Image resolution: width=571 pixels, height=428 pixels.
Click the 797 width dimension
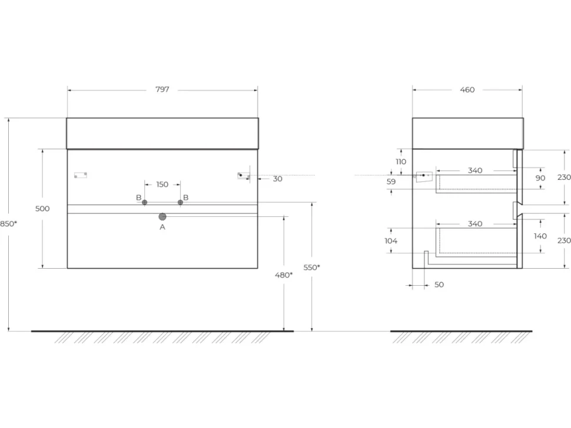pos(162,89)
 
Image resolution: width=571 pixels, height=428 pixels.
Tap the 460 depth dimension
pos(467,89)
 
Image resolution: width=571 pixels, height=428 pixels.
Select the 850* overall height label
pos(8,223)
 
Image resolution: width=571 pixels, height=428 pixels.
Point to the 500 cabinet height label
pos(42,209)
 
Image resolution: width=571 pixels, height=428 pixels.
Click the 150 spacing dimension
pos(162,185)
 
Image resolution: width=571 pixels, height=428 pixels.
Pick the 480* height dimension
pos(284,275)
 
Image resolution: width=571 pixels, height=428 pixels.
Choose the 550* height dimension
pos(312,267)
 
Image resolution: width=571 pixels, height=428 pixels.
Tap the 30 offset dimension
pos(277,179)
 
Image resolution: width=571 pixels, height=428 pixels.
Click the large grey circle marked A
pos(162,217)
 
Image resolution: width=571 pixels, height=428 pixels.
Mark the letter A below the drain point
pos(162,228)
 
